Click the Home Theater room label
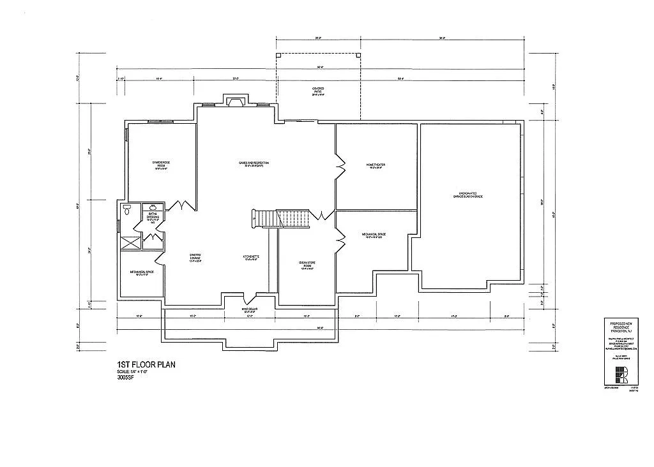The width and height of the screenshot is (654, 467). pos(376,167)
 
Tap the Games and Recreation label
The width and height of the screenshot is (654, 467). pos(254,165)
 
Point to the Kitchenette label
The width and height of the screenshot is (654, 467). pos(250,257)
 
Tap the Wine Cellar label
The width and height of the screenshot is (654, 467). pos(249,310)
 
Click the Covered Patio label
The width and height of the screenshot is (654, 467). pos(318,91)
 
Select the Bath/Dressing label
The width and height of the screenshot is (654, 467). pos(153,217)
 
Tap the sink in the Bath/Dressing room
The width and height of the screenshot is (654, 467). pos(153,207)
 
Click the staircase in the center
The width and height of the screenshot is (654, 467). pos(281,218)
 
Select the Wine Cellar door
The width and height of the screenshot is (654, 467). pos(249,300)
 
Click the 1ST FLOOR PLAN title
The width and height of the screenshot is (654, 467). pos(145,364)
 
